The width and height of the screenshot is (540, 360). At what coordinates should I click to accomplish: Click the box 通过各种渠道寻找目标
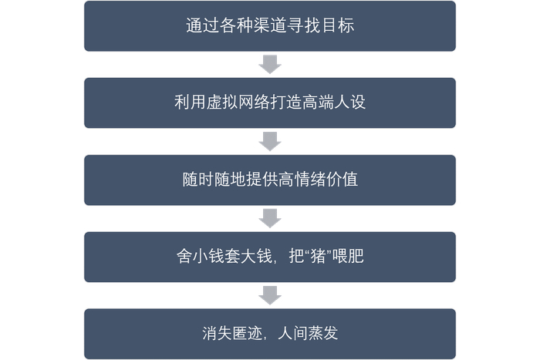coord(270,26)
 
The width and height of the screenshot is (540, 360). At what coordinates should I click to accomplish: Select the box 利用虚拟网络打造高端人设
coord(270,103)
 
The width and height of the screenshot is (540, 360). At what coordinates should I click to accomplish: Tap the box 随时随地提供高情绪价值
coord(270,180)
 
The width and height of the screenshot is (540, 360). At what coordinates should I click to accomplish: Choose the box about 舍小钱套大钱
coord(270,257)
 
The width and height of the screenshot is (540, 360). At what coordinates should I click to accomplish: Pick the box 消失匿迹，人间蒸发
coord(270,334)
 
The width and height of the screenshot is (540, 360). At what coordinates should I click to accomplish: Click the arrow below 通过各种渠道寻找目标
coord(270,64)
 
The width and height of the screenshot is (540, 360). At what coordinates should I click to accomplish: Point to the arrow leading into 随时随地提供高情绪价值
coord(270,141)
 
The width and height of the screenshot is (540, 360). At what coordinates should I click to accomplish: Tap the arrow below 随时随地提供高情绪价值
coord(270,218)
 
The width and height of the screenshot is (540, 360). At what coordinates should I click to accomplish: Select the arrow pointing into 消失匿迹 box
coord(270,295)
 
